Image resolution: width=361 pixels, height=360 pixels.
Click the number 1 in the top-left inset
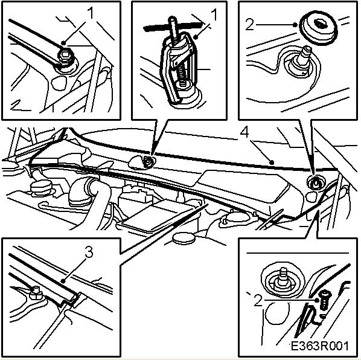[x=91, y=13]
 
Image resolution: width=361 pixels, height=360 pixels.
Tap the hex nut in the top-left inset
[x=66, y=56]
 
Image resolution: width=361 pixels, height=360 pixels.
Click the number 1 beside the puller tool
[x=214, y=15]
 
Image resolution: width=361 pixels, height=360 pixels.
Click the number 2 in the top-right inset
[x=250, y=24]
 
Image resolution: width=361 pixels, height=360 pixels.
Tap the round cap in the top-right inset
[x=319, y=30]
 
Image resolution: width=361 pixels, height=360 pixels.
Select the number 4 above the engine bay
[x=244, y=132]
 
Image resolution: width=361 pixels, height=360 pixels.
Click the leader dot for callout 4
[x=272, y=162]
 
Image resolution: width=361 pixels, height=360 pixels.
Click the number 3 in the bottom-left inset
[x=89, y=252]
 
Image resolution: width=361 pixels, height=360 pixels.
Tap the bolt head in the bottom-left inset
[x=36, y=292]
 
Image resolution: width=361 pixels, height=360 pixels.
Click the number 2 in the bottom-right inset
[x=258, y=300]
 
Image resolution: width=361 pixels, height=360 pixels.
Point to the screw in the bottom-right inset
[x=324, y=300]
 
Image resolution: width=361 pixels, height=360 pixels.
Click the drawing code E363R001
[x=319, y=346]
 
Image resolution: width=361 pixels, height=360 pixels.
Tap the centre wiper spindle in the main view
[x=147, y=161]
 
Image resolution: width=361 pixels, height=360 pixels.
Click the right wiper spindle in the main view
[x=315, y=181]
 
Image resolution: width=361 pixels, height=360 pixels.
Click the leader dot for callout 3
[x=63, y=281]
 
